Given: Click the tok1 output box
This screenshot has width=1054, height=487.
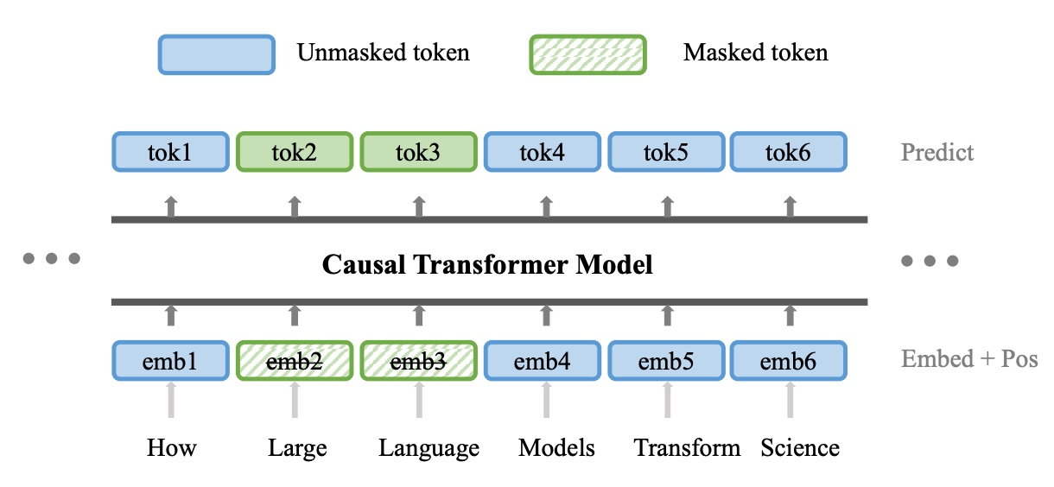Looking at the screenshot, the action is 171,152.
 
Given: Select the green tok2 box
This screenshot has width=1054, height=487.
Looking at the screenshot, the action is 295,152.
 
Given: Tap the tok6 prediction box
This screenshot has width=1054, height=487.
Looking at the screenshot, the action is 789,152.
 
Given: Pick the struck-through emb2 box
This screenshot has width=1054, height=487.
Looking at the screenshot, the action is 295,361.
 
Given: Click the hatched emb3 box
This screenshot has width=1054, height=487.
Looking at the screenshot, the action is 419,361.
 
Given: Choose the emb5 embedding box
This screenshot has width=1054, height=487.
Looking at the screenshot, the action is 666,361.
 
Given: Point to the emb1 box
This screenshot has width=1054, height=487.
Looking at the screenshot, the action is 171,361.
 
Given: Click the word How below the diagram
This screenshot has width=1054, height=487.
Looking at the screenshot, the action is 171,447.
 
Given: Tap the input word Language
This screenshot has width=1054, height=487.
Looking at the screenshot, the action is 429,449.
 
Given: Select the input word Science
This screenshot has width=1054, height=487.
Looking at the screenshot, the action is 800,447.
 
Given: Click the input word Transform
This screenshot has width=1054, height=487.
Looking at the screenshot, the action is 687,447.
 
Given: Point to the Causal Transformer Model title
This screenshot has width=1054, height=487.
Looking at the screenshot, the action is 487,264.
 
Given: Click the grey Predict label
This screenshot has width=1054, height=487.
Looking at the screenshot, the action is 937,152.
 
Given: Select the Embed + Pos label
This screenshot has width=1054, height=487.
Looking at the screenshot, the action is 969,359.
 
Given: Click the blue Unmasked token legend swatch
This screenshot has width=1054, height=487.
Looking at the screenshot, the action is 217,54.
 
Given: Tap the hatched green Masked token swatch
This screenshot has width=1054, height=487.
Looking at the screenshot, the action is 587,54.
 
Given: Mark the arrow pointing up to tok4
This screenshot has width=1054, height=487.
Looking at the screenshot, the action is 546,207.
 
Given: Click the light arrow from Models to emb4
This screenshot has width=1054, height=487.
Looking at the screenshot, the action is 546,400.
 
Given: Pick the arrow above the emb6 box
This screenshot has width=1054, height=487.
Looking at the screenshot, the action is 790,315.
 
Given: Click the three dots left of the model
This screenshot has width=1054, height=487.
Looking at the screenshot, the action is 52,258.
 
